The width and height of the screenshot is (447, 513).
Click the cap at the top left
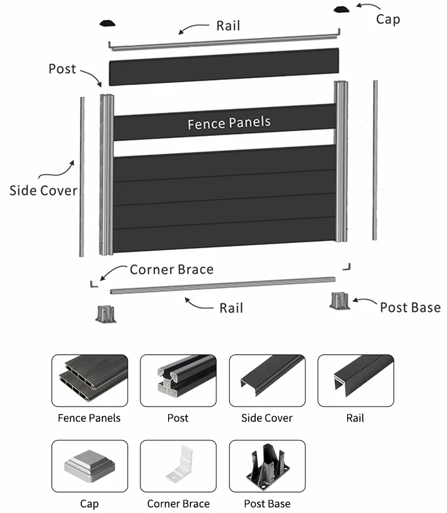107,24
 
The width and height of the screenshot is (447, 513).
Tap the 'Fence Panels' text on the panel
229,122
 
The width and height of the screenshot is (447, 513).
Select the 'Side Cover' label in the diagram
43,190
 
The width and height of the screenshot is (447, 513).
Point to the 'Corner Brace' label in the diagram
171,269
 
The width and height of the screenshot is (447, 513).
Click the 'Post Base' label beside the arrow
410,307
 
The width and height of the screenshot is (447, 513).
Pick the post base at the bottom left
105,313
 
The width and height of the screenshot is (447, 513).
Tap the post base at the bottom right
339,301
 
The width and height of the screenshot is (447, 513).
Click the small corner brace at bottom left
93,282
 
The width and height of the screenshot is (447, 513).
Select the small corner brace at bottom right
347,266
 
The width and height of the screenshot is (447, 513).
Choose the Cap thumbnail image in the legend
90,466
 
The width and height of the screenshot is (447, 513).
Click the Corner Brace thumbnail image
178,466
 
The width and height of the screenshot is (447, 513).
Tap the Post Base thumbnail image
267,466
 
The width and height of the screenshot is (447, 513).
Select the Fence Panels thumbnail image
90,380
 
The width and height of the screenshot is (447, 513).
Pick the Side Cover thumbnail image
267,380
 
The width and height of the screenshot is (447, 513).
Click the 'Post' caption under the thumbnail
178,418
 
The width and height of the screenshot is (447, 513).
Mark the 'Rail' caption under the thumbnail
355,418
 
